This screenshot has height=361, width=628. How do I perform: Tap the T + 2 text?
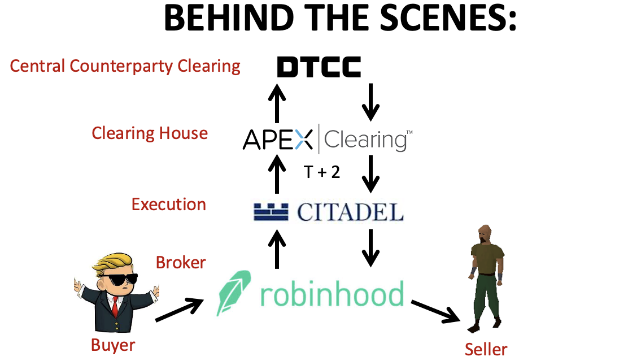tap(322, 172)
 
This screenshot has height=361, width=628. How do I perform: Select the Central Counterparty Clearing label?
tap(125, 66)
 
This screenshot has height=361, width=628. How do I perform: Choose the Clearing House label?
tap(150, 133)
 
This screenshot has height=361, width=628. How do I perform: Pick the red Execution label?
tap(169, 204)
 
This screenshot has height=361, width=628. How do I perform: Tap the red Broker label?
tap(181, 263)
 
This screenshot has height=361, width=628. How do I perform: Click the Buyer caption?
tap(114, 344)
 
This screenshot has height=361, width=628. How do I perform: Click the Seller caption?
tap(486, 349)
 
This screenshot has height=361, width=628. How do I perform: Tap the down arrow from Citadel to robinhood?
tap(370, 247)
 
